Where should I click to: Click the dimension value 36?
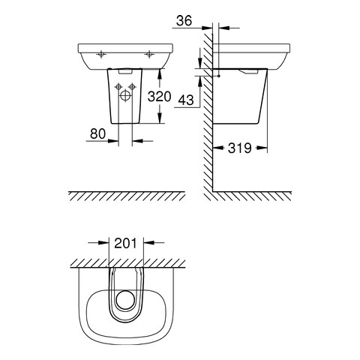184,20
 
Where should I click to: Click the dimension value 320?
159,97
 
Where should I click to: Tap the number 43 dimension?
186,100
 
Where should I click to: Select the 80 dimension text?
97,133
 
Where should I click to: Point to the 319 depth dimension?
239,148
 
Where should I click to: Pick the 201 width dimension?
126,243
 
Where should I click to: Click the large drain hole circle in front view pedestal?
125,96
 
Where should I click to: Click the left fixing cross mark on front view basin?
101,54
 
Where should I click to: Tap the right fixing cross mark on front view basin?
149,54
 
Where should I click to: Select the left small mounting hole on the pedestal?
118,87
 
